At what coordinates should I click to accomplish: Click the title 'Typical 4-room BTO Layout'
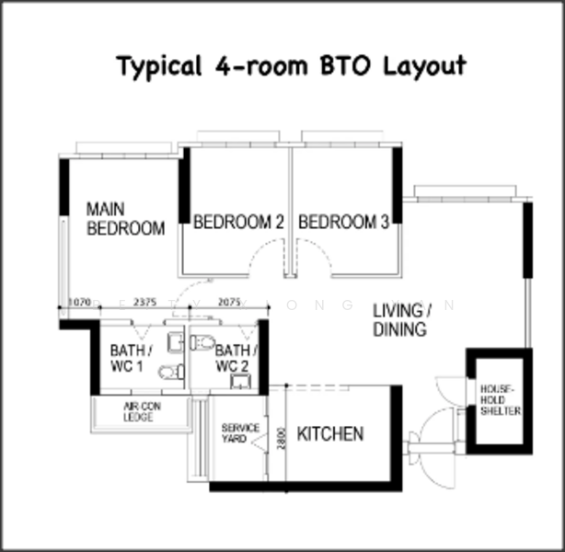pyautogui.click(x=291, y=66)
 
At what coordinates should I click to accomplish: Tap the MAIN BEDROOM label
pyautogui.click(x=125, y=219)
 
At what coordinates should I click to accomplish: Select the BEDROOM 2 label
pyautogui.click(x=237, y=222)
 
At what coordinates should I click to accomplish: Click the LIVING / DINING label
pyautogui.click(x=399, y=319)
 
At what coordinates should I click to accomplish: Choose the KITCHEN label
pyautogui.click(x=329, y=433)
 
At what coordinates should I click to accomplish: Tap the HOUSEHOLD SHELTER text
pyautogui.click(x=500, y=400)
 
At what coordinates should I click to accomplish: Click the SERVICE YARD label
pyautogui.click(x=240, y=434)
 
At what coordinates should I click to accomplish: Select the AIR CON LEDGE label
pyautogui.click(x=139, y=411)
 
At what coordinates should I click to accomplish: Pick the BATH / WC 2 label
pyautogui.click(x=236, y=358)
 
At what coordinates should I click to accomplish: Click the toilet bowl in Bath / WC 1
pyautogui.click(x=166, y=373)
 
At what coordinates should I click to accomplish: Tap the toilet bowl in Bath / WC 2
pyautogui.click(x=203, y=343)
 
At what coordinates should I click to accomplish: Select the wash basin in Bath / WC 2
pyautogui.click(x=240, y=384)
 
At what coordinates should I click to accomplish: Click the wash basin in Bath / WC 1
pyautogui.click(x=175, y=343)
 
